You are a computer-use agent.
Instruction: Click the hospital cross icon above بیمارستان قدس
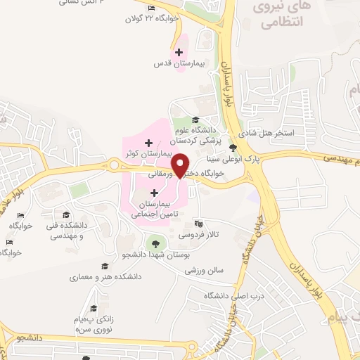coord(179,52)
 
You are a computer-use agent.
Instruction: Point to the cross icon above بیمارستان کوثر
coord(147,143)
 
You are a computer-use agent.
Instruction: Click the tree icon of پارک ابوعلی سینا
coord(233,148)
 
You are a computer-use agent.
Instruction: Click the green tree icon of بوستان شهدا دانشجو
coord(154,243)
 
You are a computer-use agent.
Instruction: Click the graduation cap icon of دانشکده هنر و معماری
coord(104,266)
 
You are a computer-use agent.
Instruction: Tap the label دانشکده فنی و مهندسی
coord(65,230)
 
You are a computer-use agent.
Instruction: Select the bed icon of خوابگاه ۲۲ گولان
coord(152,8)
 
